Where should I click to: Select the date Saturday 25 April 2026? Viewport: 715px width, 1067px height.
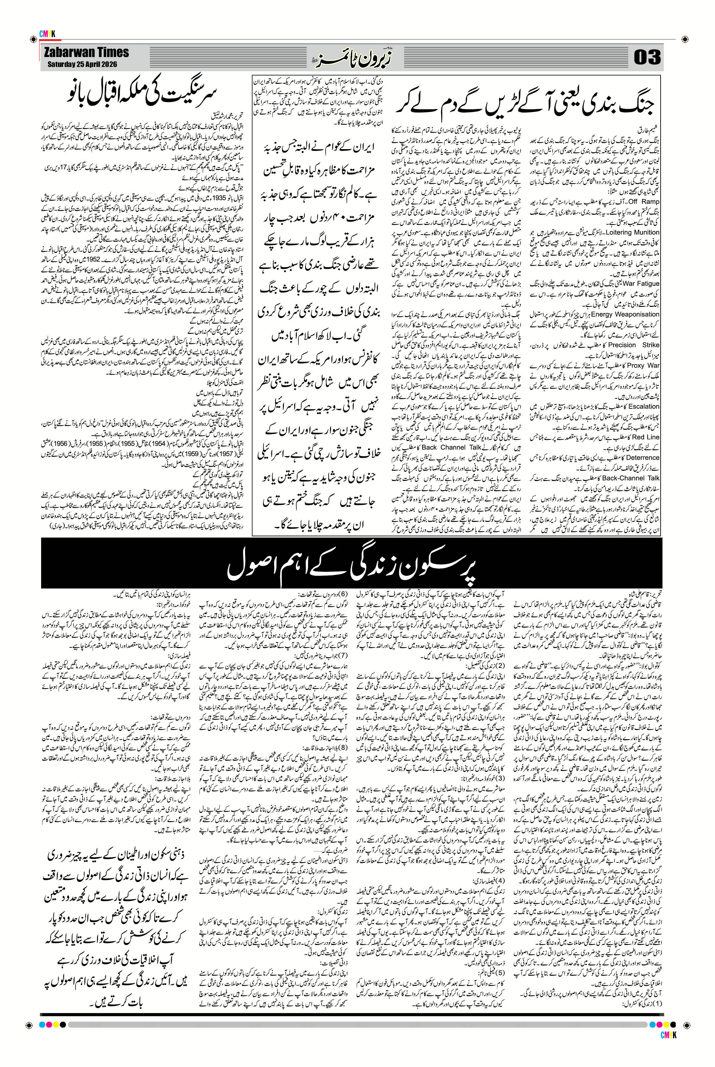click(82, 64)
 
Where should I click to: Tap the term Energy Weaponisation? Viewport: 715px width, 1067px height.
click(625, 314)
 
